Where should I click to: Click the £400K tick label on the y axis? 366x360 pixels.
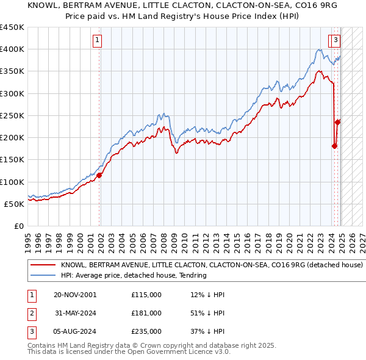point(12,49)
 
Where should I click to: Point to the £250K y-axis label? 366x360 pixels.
point(12,115)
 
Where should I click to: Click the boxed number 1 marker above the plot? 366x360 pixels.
point(97,41)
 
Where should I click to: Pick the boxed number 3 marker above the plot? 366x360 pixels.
point(336,41)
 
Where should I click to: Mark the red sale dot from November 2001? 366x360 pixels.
point(99,176)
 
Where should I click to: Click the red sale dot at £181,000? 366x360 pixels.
point(334,146)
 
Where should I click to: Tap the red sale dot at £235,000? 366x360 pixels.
point(337,122)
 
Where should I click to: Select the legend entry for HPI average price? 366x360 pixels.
point(134,276)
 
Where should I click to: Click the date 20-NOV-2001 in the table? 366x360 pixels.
point(75,295)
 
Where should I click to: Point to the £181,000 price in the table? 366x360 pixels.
point(146,313)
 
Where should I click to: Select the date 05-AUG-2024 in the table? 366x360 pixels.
point(75,331)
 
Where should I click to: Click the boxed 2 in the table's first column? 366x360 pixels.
point(31,313)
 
